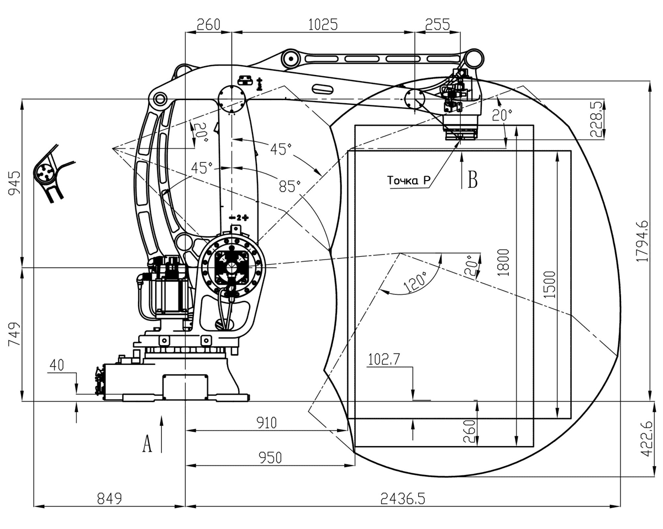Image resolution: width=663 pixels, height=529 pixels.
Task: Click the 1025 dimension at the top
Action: [x=323, y=25]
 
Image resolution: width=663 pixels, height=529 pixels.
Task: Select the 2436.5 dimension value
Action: [x=403, y=498]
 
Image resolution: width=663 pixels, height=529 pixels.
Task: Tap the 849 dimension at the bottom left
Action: [x=109, y=498]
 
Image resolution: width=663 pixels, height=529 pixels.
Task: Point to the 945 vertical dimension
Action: [x=14, y=183]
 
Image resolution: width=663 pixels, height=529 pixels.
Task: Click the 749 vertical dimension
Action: [x=14, y=335]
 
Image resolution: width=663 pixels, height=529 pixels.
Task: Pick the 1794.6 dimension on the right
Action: [x=642, y=241]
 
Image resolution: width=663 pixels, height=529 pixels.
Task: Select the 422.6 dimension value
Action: [x=646, y=439]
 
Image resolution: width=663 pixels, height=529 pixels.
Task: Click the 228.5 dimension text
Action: [x=596, y=119]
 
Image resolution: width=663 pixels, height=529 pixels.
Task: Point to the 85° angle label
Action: [x=290, y=186]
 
